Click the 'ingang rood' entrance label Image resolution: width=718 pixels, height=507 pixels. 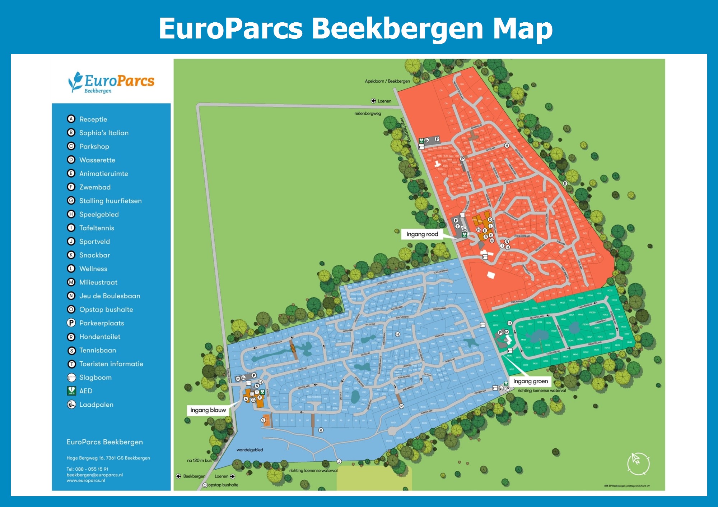pyautogui.click(x=422, y=234)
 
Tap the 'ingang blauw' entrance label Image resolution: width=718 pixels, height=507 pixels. pyautogui.click(x=208, y=410)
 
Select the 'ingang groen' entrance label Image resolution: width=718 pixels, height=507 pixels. pyautogui.click(x=530, y=381)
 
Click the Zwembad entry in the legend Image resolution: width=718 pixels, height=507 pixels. pyautogui.click(x=95, y=187)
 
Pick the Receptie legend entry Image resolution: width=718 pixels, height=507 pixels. pyautogui.click(x=93, y=119)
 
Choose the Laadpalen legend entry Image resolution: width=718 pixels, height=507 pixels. pyautogui.click(x=96, y=405)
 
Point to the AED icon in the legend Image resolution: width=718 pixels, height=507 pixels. pyautogui.click(x=71, y=391)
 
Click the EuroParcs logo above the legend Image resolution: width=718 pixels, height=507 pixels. pyautogui.click(x=111, y=82)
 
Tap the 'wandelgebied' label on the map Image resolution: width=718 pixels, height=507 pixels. pyautogui.click(x=250, y=450)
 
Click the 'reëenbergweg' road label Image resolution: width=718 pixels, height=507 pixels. pyautogui.click(x=368, y=114)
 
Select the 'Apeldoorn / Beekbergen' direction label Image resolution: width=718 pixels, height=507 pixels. pyautogui.click(x=387, y=81)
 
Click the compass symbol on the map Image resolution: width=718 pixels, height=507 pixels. pyautogui.click(x=638, y=463)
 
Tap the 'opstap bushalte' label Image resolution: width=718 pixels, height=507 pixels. pyautogui.click(x=223, y=485)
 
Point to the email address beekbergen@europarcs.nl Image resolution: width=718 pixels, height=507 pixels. pyautogui.click(x=94, y=475)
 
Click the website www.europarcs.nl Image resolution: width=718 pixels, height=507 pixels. pyautogui.click(x=86, y=480)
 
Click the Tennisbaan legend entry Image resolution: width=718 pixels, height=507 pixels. pyautogui.click(x=97, y=350)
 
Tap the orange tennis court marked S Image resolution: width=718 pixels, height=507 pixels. pyautogui.click(x=266, y=420)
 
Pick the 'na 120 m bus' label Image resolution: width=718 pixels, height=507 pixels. pyautogui.click(x=199, y=460)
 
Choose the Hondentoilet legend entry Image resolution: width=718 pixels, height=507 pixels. pyautogui.click(x=100, y=337)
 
